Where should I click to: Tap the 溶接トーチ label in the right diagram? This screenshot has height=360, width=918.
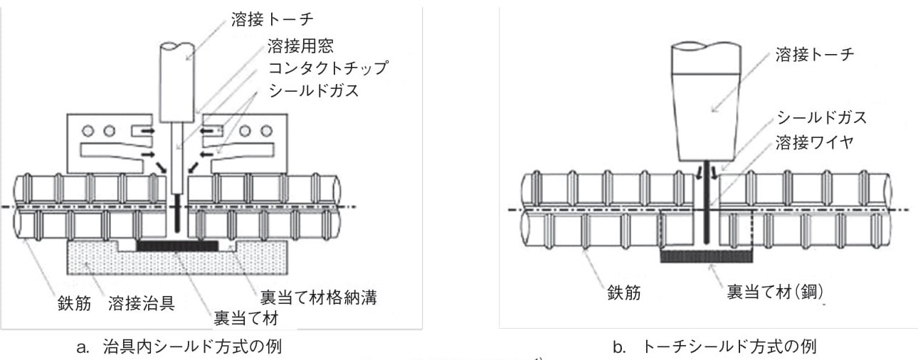813,55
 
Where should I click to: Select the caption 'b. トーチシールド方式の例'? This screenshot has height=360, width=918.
714,347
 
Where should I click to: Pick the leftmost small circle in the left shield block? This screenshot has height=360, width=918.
89,131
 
